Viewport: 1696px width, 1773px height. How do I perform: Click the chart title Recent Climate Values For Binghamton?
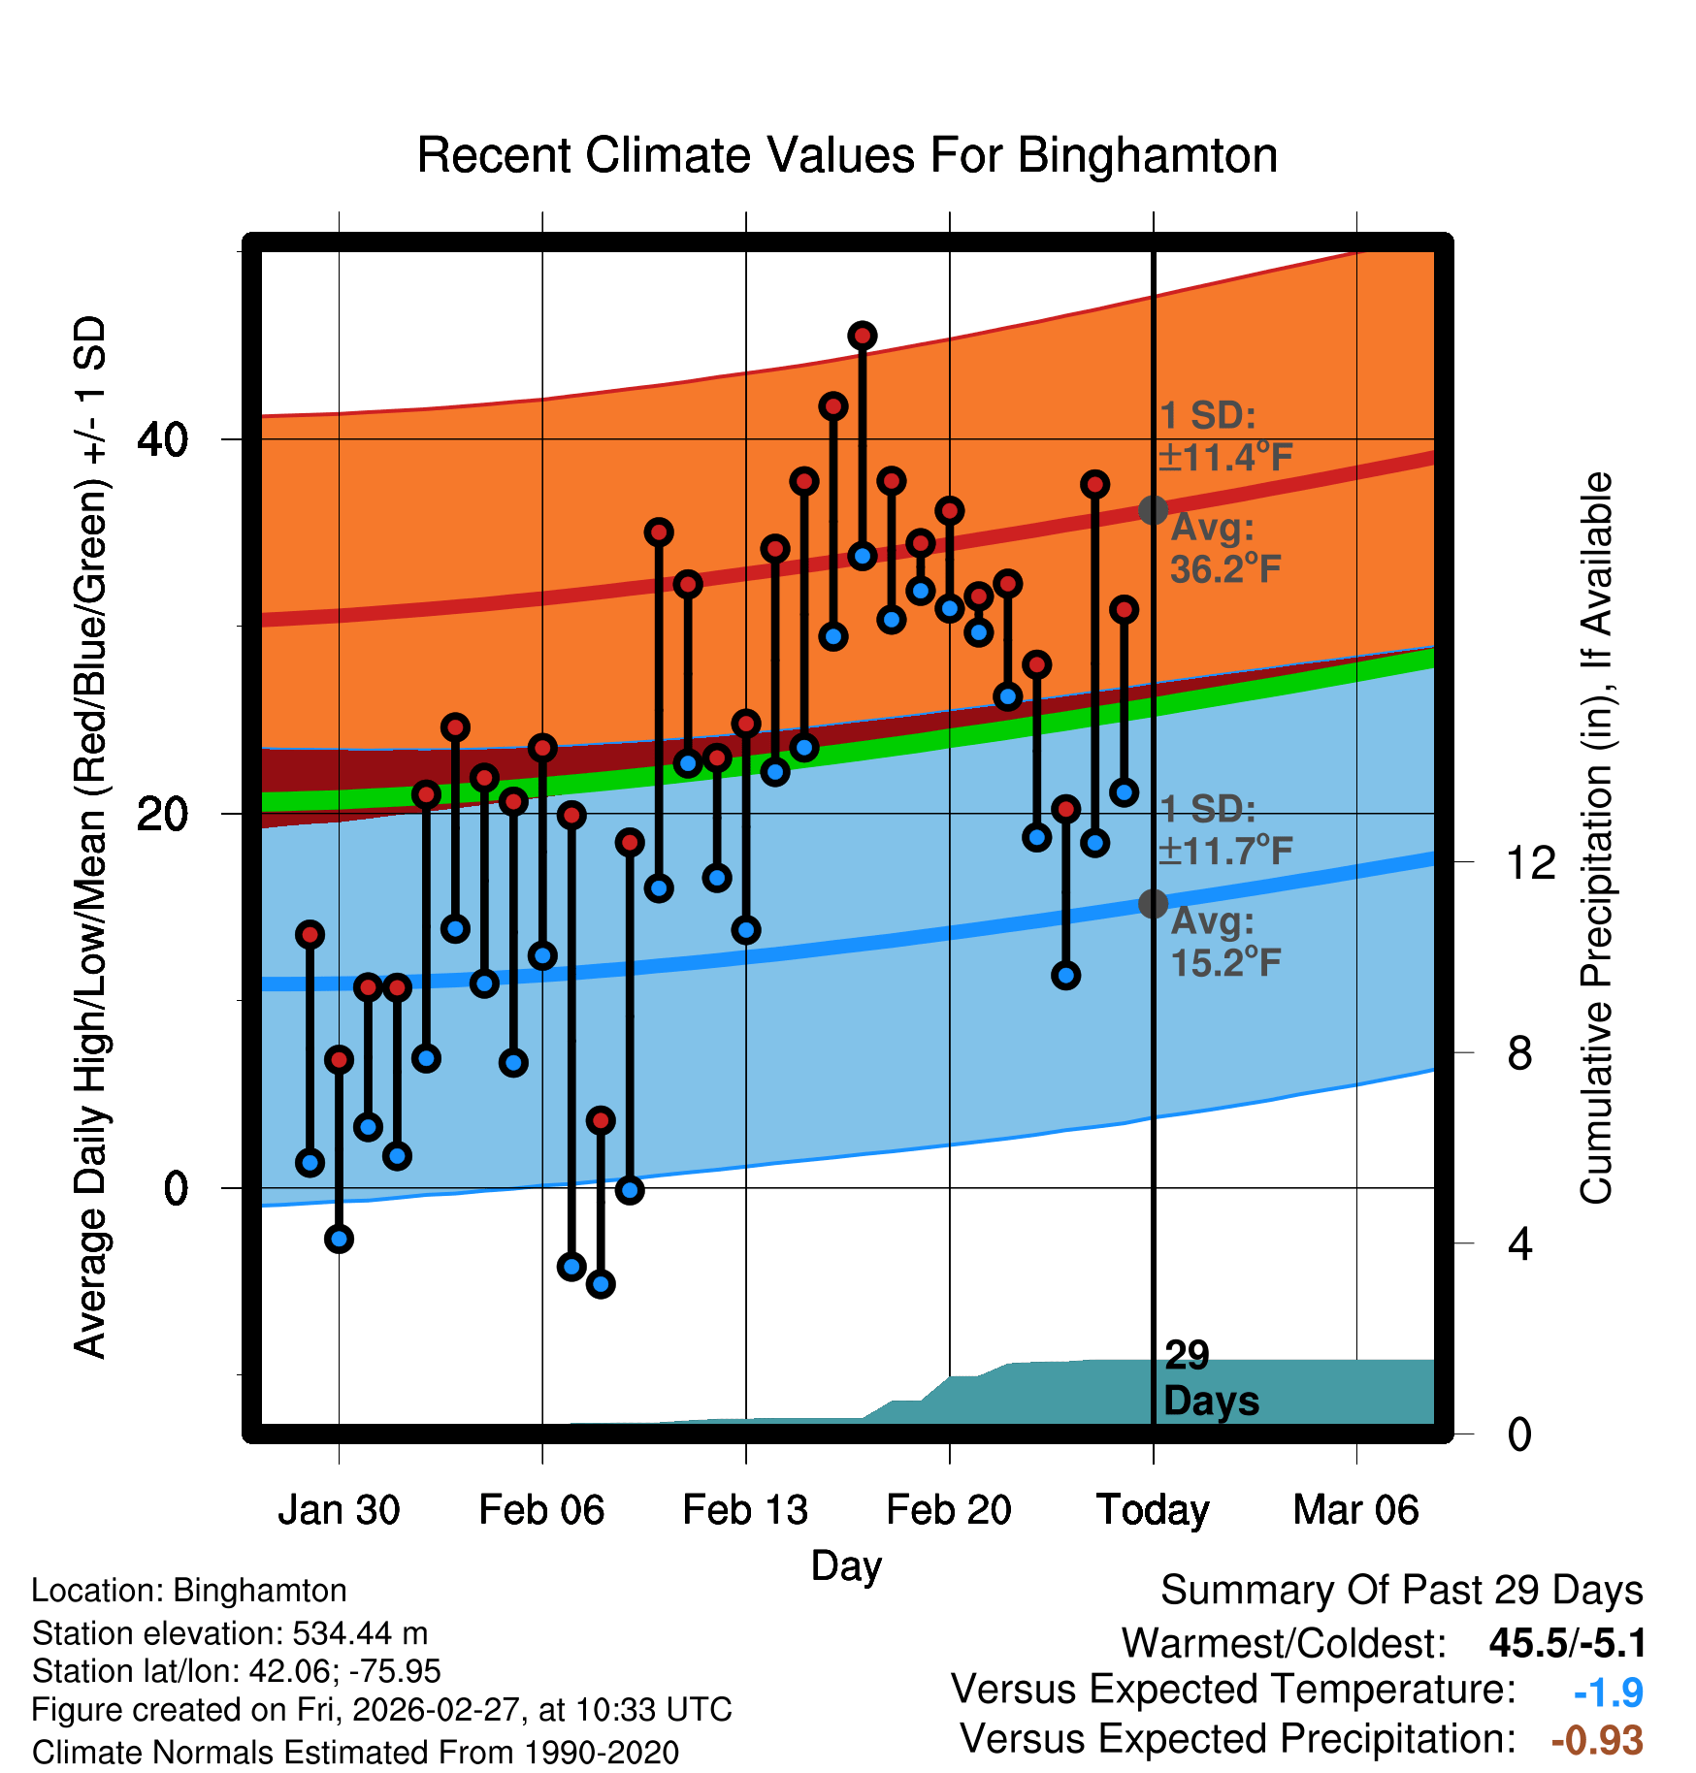tap(847, 155)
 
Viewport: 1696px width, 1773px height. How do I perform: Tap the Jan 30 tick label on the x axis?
tap(339, 1510)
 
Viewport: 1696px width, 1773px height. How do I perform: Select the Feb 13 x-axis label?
tap(745, 1510)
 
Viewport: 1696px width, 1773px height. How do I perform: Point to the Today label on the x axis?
tap(1153, 1510)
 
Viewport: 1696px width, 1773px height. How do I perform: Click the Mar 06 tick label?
tap(1355, 1510)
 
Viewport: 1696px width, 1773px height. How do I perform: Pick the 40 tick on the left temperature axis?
tap(162, 439)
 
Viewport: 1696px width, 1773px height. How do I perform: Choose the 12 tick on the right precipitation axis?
tap(1531, 862)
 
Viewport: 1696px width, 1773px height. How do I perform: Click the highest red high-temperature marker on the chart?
tap(863, 337)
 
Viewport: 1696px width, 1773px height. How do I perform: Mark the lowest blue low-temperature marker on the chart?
tap(601, 1284)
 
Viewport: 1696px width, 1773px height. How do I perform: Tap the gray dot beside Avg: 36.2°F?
tap(1153, 510)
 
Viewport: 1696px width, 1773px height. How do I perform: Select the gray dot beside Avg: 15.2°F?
tap(1153, 904)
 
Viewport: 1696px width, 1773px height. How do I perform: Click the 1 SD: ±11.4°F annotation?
tap(1225, 436)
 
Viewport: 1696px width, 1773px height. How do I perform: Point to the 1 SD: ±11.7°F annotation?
tap(1225, 830)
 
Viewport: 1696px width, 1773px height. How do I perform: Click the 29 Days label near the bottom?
tap(1210, 1378)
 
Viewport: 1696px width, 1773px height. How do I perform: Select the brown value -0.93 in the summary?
tap(1597, 1740)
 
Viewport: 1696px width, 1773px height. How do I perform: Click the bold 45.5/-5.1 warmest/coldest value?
tap(1567, 1643)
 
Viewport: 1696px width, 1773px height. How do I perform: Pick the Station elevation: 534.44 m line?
tap(230, 1633)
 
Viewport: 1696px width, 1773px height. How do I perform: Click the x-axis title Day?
tap(846, 1565)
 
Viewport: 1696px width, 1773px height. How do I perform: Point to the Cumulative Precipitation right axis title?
tap(1596, 838)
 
